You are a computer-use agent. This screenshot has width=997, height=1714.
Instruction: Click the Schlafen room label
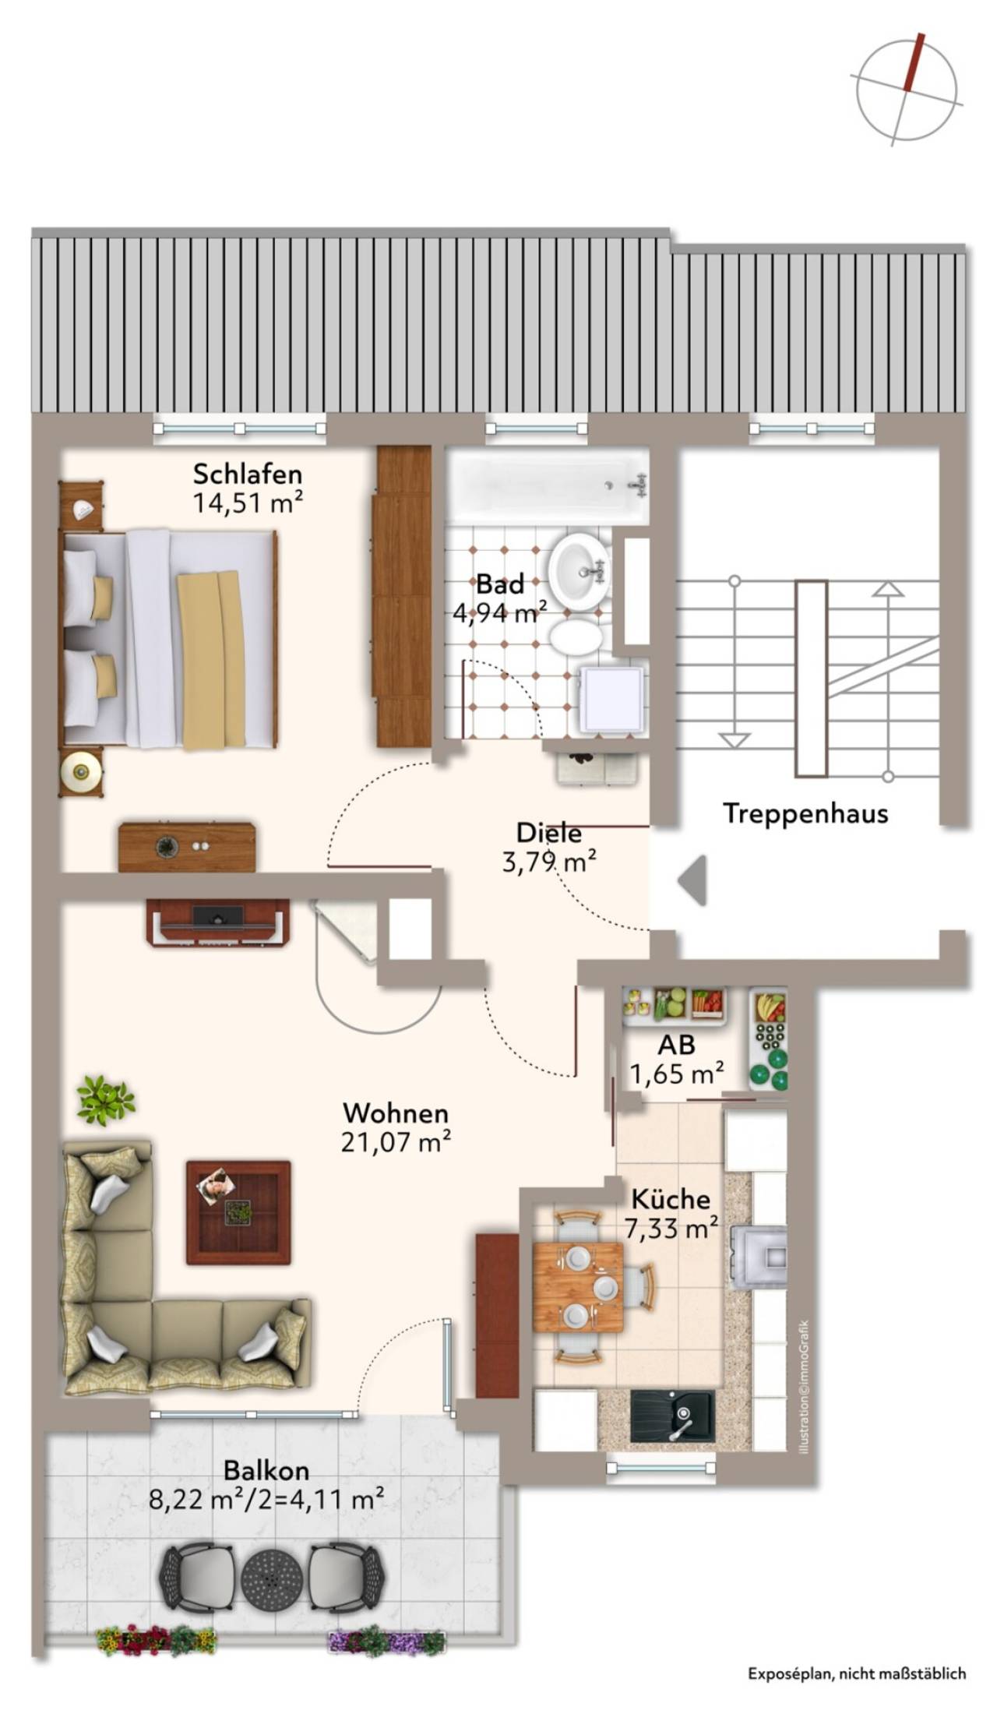coord(248,474)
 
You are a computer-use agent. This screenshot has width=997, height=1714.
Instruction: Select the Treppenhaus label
coord(805,813)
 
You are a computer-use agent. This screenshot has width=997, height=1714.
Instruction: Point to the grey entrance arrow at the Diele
coord(692,880)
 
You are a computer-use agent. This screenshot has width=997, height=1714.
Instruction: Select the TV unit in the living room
coord(217,923)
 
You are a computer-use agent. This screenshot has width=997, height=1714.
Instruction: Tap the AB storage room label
coord(676,1044)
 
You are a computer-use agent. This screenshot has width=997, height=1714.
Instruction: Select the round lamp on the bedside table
coord(80,772)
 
